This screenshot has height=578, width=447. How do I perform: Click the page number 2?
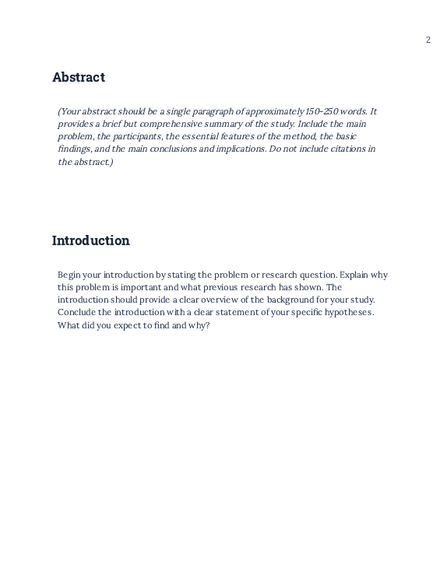(428, 40)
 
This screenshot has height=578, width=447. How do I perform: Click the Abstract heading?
(78, 77)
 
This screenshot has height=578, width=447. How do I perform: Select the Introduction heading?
(90, 240)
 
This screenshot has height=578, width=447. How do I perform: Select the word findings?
(75, 149)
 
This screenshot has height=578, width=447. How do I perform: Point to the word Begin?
(69, 275)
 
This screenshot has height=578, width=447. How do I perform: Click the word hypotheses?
(345, 312)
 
